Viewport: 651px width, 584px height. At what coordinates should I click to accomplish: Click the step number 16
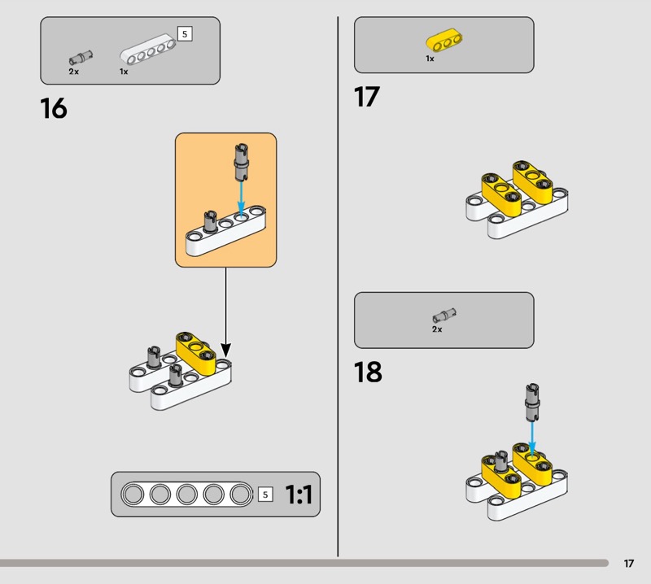tap(54, 108)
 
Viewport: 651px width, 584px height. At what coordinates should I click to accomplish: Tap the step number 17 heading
tap(367, 97)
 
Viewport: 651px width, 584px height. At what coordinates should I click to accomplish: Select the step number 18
tap(368, 372)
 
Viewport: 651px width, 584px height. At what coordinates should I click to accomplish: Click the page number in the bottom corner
tap(628, 563)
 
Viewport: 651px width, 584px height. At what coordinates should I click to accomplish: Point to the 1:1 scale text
tap(299, 495)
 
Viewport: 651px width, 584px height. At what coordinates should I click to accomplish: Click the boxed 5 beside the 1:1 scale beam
tap(265, 495)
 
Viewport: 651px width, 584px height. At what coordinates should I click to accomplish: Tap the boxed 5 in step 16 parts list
tap(185, 33)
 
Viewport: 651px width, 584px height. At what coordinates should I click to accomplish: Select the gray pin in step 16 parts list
tap(81, 58)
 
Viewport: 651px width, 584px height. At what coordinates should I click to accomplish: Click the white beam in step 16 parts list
tap(148, 50)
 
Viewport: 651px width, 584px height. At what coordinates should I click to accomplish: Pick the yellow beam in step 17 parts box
tap(444, 40)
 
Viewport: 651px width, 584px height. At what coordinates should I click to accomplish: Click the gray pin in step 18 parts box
tap(444, 316)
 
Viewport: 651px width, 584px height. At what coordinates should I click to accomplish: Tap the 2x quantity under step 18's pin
tap(437, 329)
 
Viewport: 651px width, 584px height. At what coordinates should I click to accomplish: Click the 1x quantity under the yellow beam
tap(430, 59)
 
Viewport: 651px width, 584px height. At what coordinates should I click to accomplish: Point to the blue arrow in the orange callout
tap(241, 198)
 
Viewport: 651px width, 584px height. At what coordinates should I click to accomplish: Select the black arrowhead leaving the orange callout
tap(225, 350)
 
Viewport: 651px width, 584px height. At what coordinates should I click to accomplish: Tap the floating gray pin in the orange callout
tap(241, 163)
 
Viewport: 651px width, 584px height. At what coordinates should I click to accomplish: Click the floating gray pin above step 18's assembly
tap(532, 402)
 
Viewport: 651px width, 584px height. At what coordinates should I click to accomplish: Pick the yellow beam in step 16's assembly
tap(196, 352)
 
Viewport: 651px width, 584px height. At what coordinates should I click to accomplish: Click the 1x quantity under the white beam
tap(124, 72)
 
